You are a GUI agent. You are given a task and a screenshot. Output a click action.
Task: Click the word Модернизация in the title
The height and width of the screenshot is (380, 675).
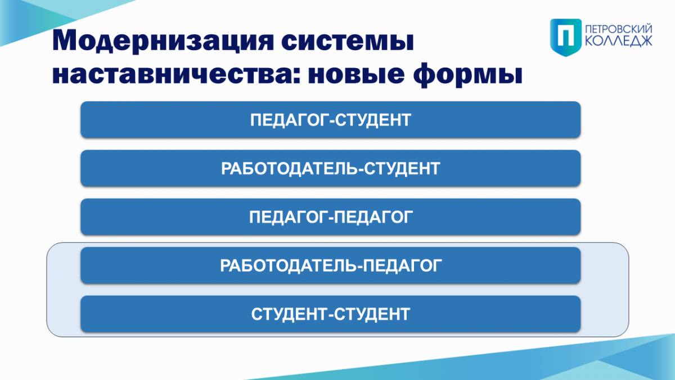[163, 41]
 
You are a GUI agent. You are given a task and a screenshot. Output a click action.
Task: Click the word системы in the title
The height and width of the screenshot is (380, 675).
[348, 41]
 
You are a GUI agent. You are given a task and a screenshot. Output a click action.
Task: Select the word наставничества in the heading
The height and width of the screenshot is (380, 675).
[176, 74]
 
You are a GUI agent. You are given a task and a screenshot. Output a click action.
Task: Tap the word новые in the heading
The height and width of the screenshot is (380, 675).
[356, 74]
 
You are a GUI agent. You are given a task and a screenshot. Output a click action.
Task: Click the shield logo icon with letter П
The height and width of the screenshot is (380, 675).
[566, 37]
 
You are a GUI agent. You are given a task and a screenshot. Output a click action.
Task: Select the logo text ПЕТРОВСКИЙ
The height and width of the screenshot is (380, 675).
[618, 29]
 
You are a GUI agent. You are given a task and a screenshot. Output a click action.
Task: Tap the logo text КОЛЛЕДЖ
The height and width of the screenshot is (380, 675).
[618, 41]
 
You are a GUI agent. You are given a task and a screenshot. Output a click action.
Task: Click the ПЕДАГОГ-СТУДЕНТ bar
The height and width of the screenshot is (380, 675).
[331, 120]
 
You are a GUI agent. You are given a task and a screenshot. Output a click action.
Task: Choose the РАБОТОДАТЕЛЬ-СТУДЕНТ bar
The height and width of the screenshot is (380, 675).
[331, 168]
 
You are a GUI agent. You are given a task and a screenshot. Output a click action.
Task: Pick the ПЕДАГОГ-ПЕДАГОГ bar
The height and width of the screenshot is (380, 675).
[331, 217]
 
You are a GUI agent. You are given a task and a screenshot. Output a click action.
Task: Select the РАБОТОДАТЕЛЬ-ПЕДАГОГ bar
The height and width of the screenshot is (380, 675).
[331, 265]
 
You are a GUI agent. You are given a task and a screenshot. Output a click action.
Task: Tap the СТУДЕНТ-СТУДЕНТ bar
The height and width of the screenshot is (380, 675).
[331, 314]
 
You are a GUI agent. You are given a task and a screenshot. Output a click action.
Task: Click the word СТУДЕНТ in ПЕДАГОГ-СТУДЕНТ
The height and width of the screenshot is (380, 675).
[373, 120]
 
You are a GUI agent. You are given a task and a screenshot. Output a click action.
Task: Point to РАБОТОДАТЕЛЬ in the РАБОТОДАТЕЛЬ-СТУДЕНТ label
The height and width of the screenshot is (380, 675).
[290, 168]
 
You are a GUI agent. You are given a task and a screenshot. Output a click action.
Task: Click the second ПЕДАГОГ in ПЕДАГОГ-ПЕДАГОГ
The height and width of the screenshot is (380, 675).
[373, 217]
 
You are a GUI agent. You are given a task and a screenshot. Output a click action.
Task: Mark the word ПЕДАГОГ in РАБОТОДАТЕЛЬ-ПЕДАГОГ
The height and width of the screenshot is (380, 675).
[402, 265]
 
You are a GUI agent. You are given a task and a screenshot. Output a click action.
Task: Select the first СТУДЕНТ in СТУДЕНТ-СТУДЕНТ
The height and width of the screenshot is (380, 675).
[289, 314]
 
